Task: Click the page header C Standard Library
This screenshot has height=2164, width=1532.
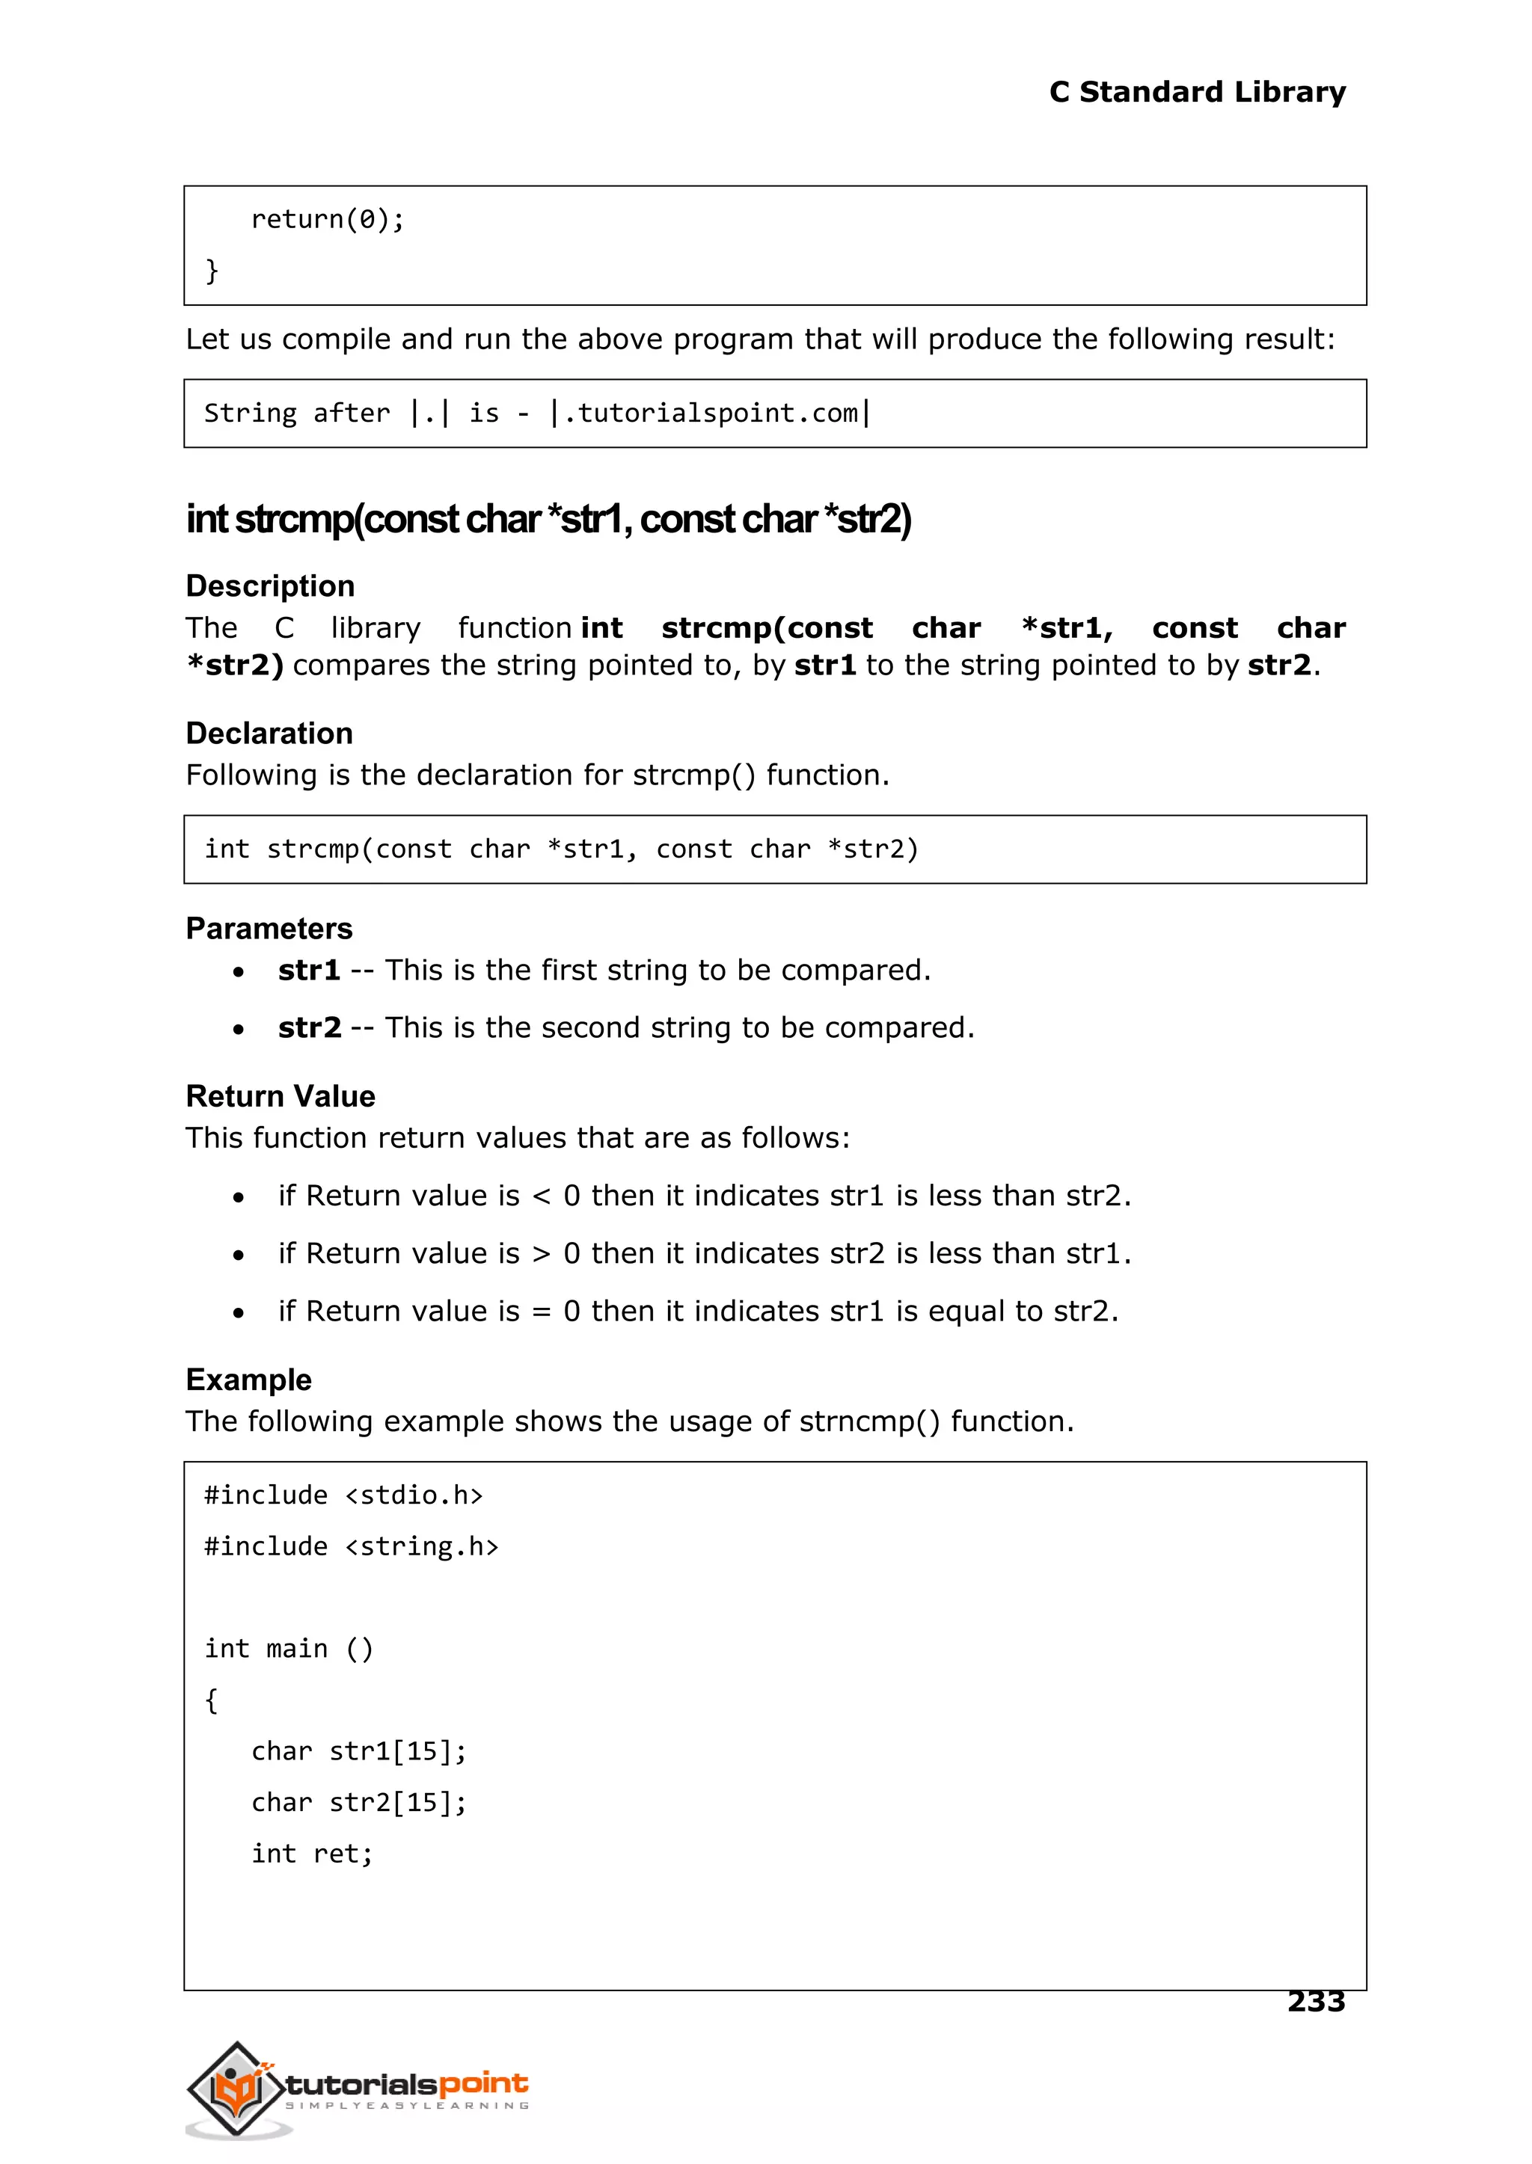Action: pos(1196,91)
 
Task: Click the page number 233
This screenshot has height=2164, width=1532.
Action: pos(1315,2000)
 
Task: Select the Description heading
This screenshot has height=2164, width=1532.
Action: pos(270,585)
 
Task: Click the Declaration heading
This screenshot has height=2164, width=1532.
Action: pos(269,733)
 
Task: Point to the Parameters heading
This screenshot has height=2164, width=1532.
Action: pos(269,928)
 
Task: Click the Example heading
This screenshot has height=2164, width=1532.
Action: pos(248,1379)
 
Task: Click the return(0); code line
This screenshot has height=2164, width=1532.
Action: pos(328,220)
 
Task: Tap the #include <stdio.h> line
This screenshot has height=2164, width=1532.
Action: pos(343,1495)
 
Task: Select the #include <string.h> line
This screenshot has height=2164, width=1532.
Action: pos(351,1546)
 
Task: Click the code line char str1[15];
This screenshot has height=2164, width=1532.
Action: pos(358,1751)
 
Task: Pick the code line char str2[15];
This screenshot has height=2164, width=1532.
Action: pos(358,1802)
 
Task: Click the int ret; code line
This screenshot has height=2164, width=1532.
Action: pos(312,1854)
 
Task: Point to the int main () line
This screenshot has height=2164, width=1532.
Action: pos(289,1648)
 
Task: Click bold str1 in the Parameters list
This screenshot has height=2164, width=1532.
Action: pos(308,971)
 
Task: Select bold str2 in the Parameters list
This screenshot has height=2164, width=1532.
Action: pos(310,1027)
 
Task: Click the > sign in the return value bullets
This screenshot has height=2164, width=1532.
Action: pos(541,1254)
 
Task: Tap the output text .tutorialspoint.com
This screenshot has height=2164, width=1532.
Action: pos(711,413)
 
